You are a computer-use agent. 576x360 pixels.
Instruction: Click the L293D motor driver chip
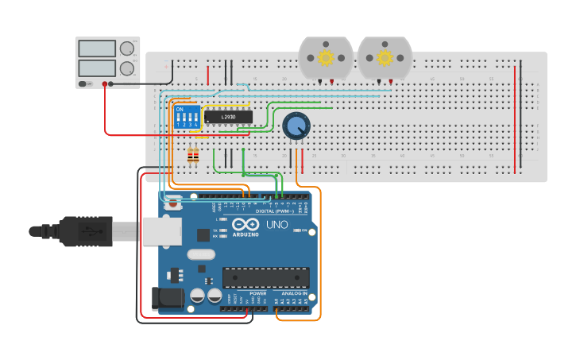(x=228, y=117)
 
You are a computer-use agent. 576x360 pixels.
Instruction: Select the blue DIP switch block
(x=186, y=118)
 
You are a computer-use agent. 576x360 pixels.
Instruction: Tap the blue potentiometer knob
(x=296, y=126)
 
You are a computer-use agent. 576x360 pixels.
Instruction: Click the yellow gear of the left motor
(x=326, y=57)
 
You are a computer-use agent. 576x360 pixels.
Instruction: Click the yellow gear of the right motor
(x=385, y=57)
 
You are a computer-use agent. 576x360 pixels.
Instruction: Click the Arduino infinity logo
(x=245, y=225)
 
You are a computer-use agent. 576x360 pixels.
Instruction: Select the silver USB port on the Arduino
(x=162, y=231)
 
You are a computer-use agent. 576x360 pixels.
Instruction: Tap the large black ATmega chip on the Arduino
(x=265, y=277)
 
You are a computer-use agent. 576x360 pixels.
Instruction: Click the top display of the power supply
(x=97, y=48)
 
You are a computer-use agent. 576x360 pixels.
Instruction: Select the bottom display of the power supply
(x=97, y=68)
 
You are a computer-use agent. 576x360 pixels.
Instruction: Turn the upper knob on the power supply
(x=127, y=48)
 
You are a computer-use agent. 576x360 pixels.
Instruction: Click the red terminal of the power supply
(x=105, y=83)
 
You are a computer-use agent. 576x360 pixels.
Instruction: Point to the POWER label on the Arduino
(x=258, y=293)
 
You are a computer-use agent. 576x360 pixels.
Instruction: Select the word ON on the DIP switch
(x=180, y=109)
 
